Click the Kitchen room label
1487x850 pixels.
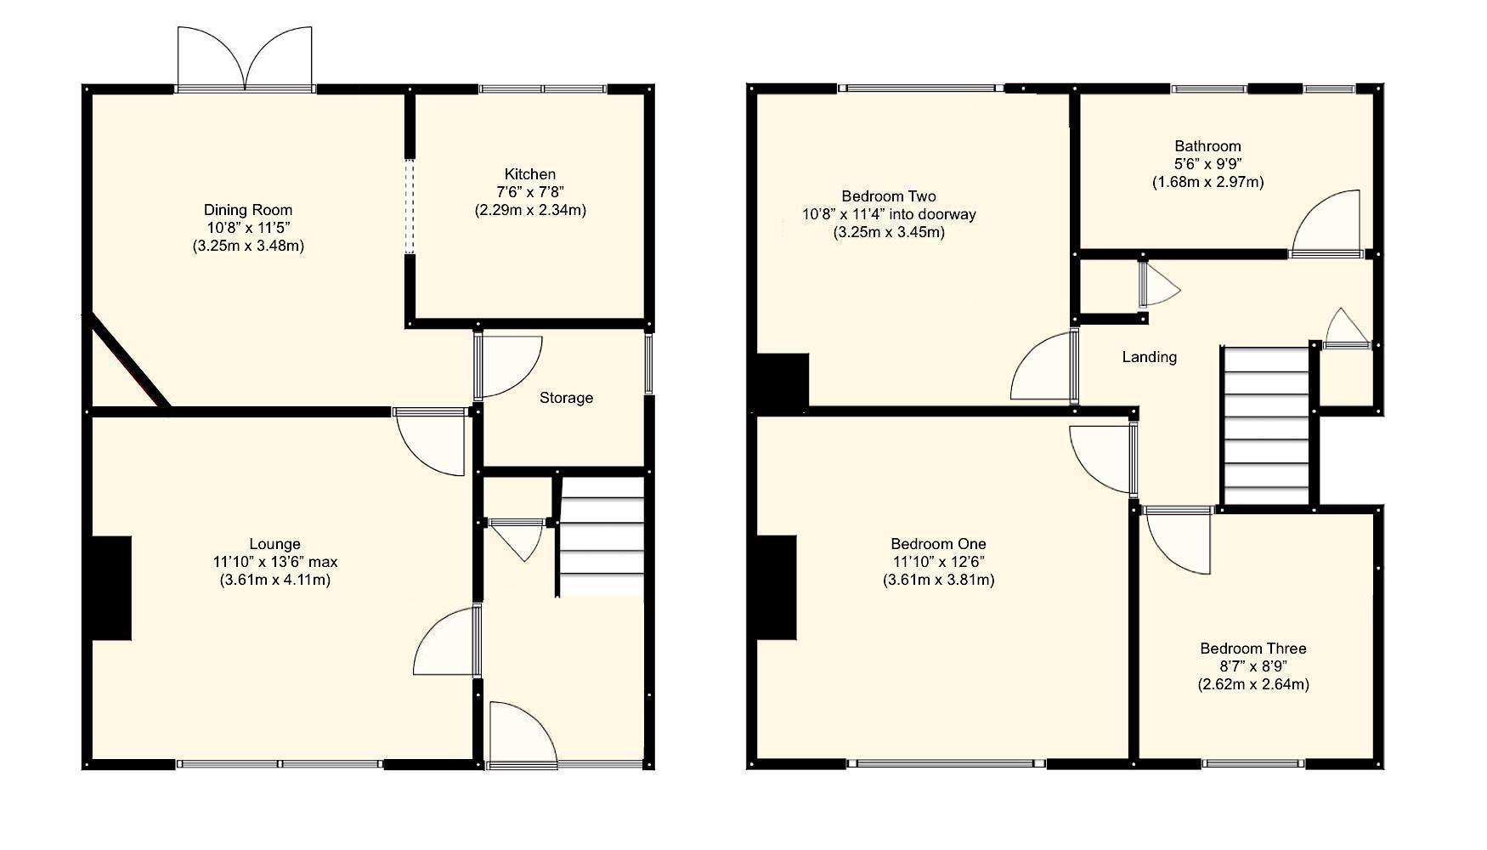coord(530,174)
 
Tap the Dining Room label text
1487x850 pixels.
coord(248,210)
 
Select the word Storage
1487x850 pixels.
coord(566,398)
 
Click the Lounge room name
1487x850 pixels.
coord(274,544)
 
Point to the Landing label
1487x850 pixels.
coord(1149,357)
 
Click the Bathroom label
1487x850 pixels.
coord(1207,146)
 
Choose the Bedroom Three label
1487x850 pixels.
coord(1252,649)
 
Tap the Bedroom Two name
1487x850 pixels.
coord(889,196)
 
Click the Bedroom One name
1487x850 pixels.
coord(938,544)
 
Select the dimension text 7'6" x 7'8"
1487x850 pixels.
coord(530,192)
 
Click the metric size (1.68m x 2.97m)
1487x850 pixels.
coord(1207,182)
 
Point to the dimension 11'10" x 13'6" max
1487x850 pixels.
coord(274,562)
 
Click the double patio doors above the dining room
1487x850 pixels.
coord(245,59)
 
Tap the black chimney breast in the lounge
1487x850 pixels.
coord(111,587)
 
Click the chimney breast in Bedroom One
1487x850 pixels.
coord(777,586)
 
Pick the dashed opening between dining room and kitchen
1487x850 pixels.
coord(409,207)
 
